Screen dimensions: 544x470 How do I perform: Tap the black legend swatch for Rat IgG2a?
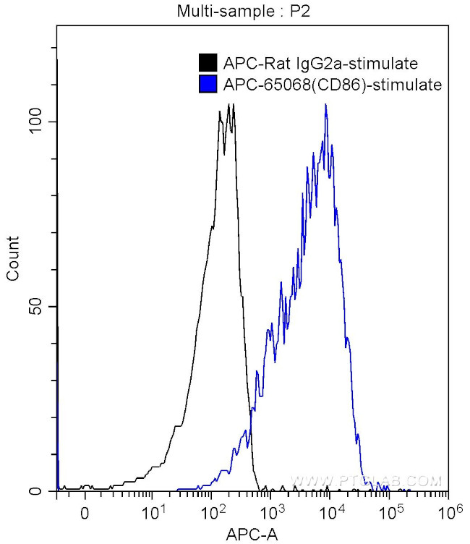click(208, 63)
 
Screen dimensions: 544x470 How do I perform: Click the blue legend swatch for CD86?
click(208, 85)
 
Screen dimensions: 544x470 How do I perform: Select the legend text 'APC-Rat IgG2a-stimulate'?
click(321, 63)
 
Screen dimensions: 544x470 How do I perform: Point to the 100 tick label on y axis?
click(36, 121)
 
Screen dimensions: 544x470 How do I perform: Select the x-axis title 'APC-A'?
click(251, 534)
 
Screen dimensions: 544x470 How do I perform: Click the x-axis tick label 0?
click(85, 513)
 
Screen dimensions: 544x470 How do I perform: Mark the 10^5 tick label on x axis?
click(390, 511)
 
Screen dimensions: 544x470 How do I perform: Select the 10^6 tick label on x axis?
click(450, 511)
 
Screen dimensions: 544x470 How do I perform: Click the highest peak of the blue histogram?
click(326, 106)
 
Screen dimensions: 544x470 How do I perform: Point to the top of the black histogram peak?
click(228, 106)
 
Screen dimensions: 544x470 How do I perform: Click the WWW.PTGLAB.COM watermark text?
click(365, 480)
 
